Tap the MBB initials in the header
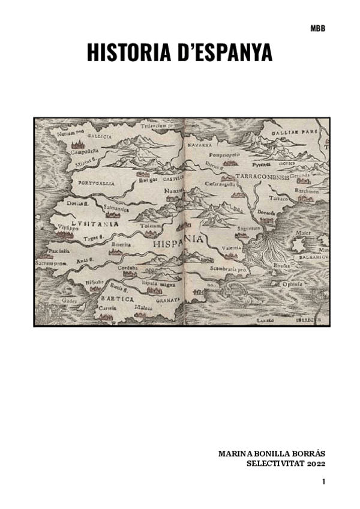(x=318, y=28)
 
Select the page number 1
(x=323, y=482)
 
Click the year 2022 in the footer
(x=316, y=463)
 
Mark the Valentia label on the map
(x=231, y=248)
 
